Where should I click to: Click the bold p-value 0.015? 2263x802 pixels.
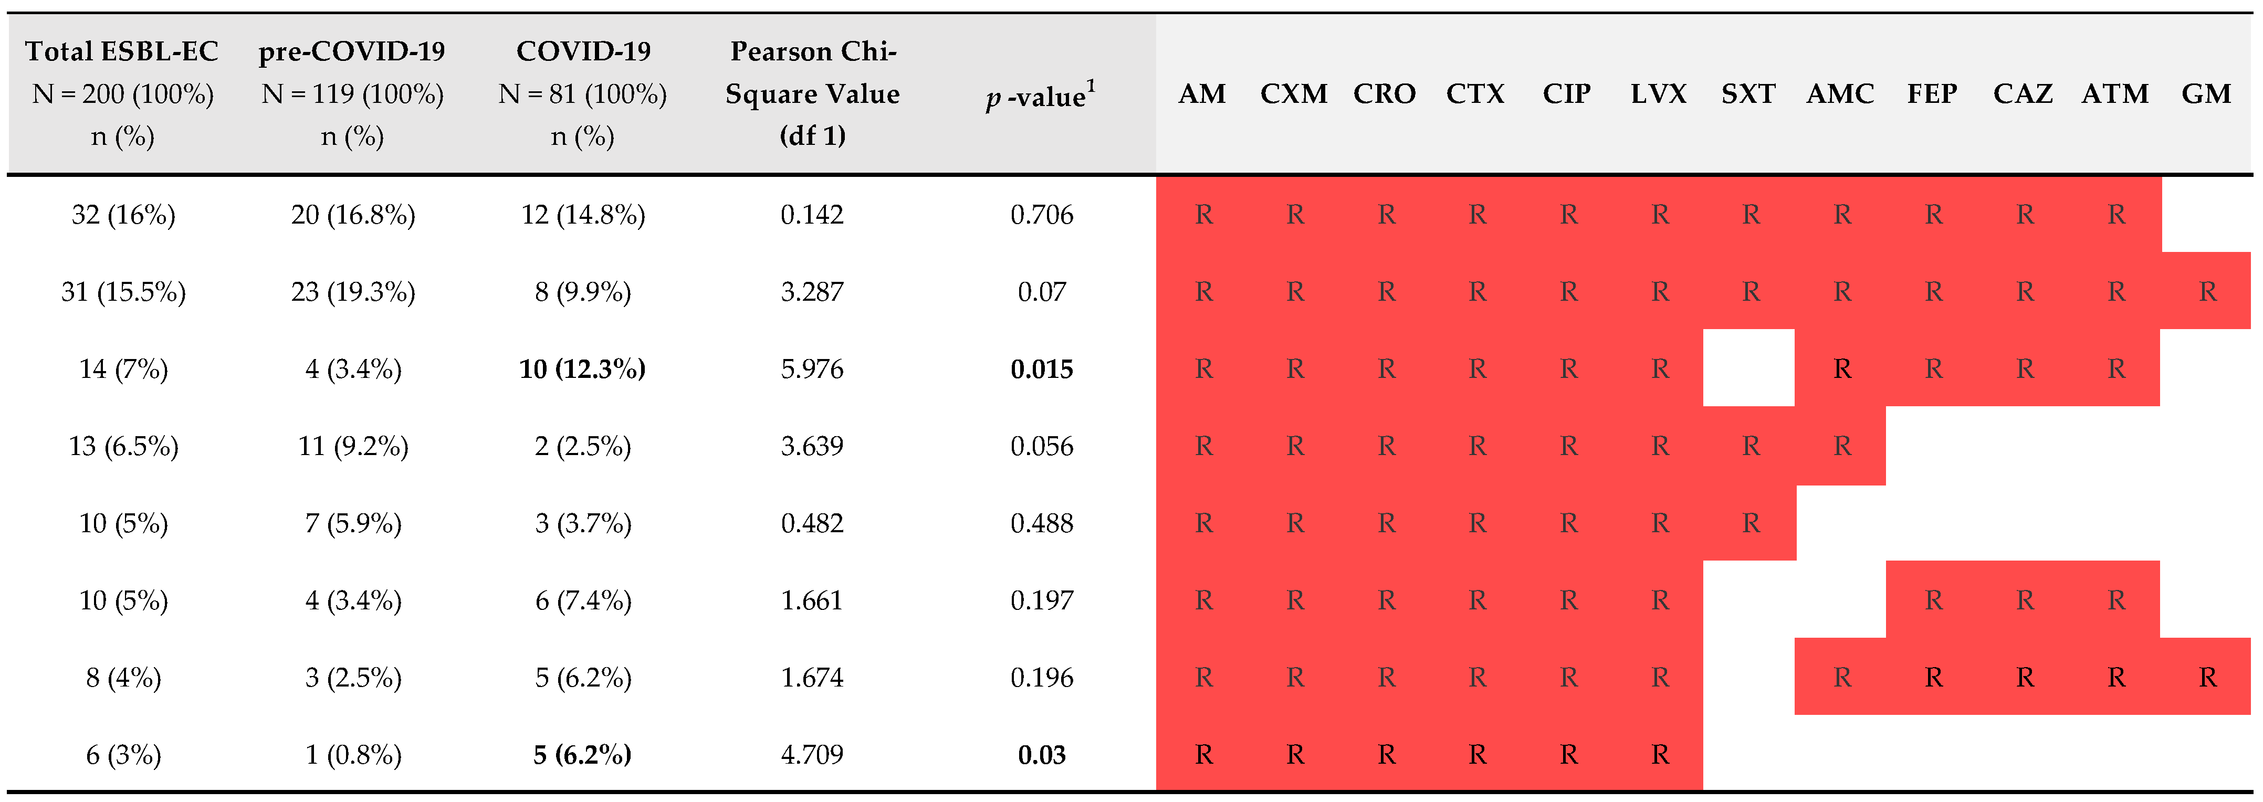[x=1042, y=369]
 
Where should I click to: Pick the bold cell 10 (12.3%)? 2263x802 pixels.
[x=582, y=369]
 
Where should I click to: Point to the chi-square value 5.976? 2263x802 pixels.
[x=812, y=369]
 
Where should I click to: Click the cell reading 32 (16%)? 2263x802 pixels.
[x=124, y=214]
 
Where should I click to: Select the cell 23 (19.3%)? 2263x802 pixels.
[x=353, y=292]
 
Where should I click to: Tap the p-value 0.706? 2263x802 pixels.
[x=1042, y=214]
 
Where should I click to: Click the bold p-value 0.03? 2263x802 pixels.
[x=1042, y=755]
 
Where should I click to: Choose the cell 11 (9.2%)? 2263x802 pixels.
[x=353, y=446]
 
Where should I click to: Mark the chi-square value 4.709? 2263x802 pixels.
[x=812, y=755]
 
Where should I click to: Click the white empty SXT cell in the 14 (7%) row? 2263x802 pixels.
[x=1748, y=369]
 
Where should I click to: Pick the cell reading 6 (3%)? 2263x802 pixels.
[x=124, y=755]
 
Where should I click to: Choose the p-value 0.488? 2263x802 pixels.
[x=1042, y=523]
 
